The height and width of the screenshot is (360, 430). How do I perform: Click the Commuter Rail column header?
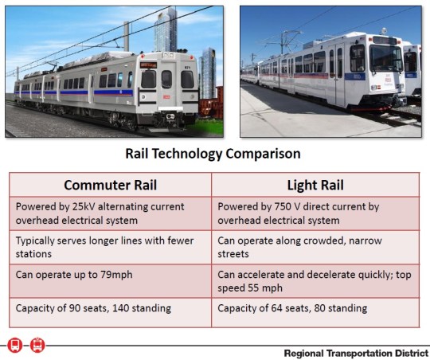[x=110, y=185]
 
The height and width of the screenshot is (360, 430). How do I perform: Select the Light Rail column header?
[x=315, y=185]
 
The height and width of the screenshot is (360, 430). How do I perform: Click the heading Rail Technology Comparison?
[x=213, y=153]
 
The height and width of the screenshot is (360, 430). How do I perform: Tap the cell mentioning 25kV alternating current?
[x=110, y=213]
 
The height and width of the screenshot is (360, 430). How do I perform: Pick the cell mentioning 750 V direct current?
[x=315, y=213]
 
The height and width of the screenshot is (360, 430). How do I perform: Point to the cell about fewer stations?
[x=110, y=248]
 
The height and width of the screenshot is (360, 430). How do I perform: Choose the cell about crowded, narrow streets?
[x=315, y=248]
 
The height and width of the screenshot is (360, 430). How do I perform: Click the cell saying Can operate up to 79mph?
[x=110, y=275]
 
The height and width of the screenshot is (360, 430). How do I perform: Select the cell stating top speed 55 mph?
[x=315, y=281]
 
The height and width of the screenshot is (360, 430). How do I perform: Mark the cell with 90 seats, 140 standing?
[x=110, y=308]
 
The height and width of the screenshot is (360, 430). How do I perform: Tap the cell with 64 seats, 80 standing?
[x=315, y=308]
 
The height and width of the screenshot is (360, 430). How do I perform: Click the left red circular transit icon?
[x=14, y=346]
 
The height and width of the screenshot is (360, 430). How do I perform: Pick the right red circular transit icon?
[x=37, y=346]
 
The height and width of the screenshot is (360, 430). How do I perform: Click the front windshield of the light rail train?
[x=385, y=58]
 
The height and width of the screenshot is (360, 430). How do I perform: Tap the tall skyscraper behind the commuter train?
[x=166, y=32]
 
